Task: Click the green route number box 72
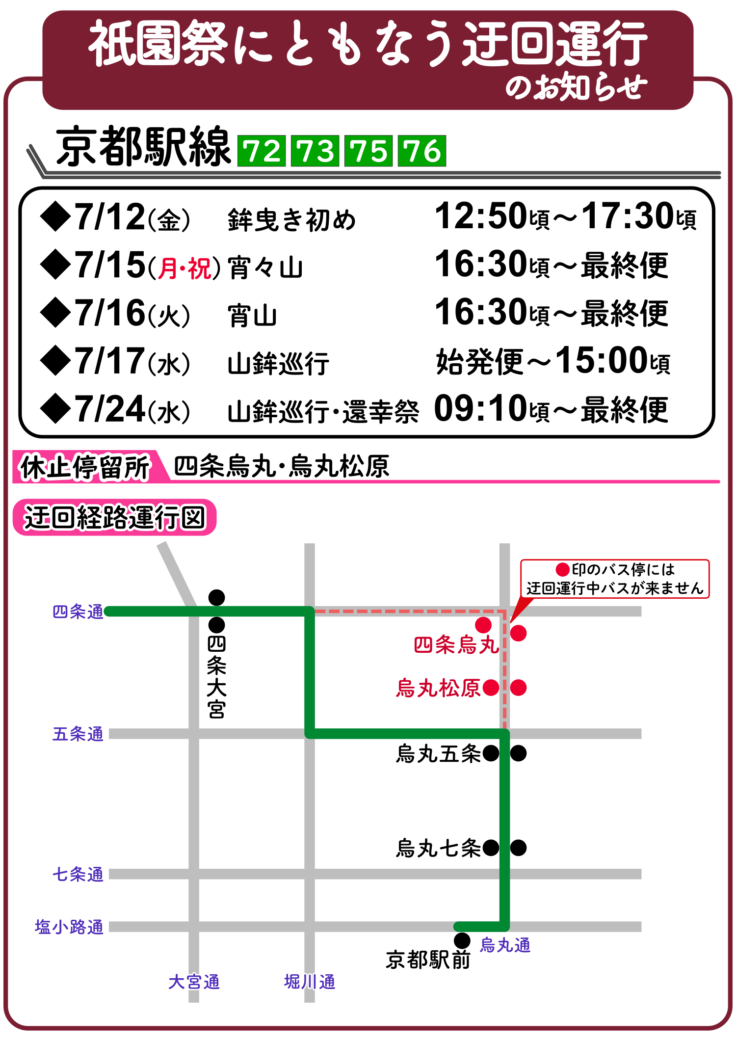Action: point(262,151)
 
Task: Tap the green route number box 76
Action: point(421,151)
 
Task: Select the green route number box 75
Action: point(368,151)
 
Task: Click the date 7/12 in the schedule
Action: point(109,217)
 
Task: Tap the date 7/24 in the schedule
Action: point(109,409)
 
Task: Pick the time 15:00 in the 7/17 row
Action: point(602,361)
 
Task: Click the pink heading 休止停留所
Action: point(85,467)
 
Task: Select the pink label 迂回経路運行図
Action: point(114,518)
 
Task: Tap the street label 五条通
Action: point(78,734)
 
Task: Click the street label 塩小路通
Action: point(69,927)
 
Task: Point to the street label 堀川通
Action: point(310,982)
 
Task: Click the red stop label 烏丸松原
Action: point(438,688)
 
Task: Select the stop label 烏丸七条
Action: point(438,848)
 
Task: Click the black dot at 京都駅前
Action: point(462,940)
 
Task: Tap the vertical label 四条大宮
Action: point(216,677)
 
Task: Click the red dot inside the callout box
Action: point(562,569)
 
